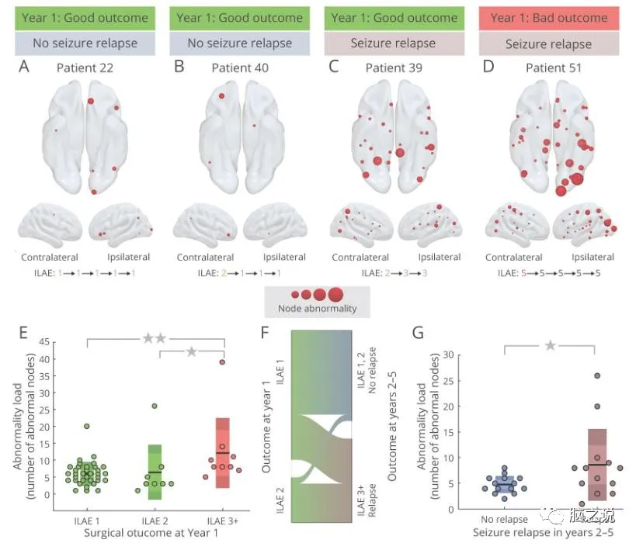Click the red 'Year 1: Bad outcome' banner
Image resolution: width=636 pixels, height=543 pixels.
pos(548,18)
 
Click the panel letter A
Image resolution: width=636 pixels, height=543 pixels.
pos(24,67)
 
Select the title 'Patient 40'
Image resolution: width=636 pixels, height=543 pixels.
pos(240,68)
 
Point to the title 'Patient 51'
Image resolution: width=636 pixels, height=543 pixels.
pos(548,68)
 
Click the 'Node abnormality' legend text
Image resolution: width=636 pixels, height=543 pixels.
pos(317,309)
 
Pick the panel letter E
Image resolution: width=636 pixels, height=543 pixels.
pos(23,333)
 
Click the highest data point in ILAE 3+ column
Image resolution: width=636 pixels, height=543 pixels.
pos(221,362)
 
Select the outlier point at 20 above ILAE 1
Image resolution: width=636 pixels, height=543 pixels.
pos(87,426)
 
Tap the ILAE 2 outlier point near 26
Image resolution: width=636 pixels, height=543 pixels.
pos(155,406)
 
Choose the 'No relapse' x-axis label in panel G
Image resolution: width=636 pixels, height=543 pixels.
pos(506,519)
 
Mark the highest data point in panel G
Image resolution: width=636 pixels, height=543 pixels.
pos(596,376)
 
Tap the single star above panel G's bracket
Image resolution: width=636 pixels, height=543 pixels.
pos(550,344)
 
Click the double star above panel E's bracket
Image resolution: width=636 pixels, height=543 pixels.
pos(155,338)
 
